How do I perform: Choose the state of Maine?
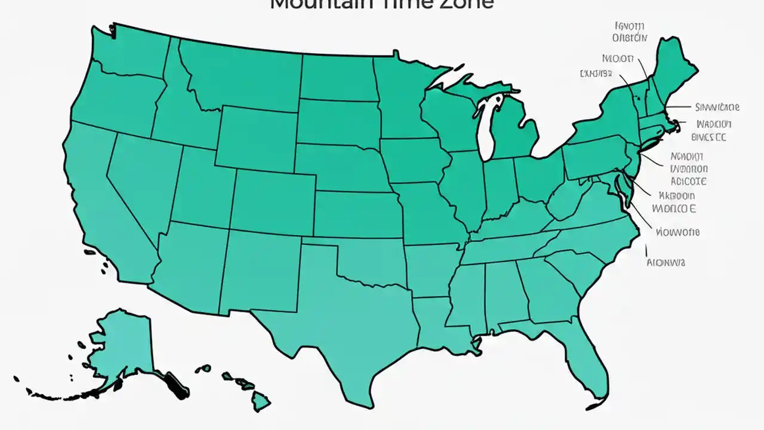pyautogui.click(x=677, y=66)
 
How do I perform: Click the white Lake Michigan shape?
pyautogui.click(x=488, y=128)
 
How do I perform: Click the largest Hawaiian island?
pyautogui.click(x=261, y=401)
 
